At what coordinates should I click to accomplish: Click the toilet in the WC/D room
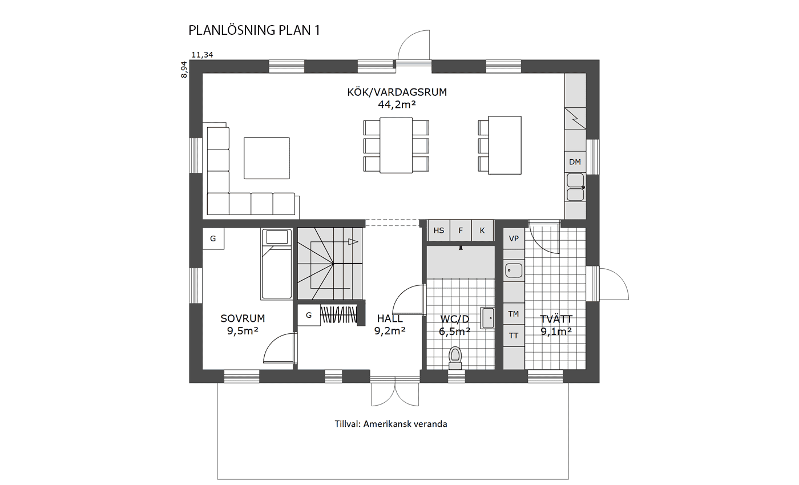(x=455, y=355)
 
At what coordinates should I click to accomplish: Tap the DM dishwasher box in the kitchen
(x=575, y=162)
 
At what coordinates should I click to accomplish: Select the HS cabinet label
(x=439, y=231)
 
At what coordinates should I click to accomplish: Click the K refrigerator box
(x=482, y=231)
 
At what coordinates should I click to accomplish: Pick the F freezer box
(x=461, y=231)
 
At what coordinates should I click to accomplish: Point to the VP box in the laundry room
(x=514, y=239)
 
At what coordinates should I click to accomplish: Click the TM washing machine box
(x=514, y=314)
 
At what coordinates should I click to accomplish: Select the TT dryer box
(x=514, y=336)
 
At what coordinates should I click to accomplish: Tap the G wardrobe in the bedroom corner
(x=213, y=239)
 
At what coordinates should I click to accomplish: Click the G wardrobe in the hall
(x=309, y=315)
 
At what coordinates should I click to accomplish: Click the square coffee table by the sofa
(x=267, y=157)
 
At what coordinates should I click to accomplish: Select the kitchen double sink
(x=575, y=187)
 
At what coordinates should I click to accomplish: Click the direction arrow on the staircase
(x=353, y=242)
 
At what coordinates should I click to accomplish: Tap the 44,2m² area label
(x=397, y=104)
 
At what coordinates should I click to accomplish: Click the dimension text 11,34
(x=203, y=55)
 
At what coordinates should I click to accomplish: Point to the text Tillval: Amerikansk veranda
(x=391, y=424)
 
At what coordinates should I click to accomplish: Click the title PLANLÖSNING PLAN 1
(x=254, y=31)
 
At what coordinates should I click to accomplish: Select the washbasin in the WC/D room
(x=487, y=318)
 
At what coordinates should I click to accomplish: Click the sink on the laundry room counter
(x=514, y=270)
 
